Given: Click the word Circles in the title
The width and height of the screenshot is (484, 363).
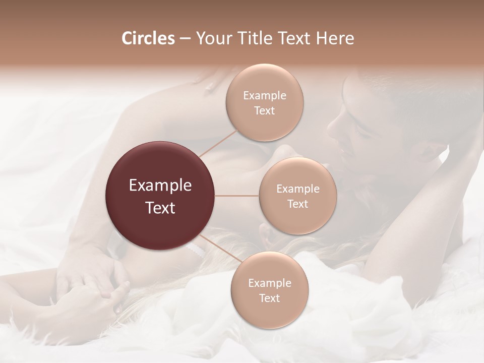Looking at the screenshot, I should (x=148, y=38).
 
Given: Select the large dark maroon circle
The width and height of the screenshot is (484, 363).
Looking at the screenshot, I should (x=160, y=196).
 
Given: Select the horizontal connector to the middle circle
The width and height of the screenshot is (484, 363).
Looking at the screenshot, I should (x=237, y=196).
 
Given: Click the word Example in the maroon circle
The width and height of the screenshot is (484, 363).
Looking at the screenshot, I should (x=160, y=186).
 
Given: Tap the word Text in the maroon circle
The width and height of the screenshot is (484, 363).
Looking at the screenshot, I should (x=160, y=208).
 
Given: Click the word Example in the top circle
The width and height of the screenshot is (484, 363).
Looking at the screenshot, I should (x=265, y=95).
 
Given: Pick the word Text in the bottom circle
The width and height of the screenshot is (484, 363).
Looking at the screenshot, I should (x=269, y=298).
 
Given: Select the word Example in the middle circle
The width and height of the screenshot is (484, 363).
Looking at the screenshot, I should (x=298, y=189).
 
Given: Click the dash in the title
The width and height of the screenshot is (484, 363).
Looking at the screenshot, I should (x=185, y=38).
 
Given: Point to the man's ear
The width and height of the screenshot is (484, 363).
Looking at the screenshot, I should (x=429, y=151).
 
